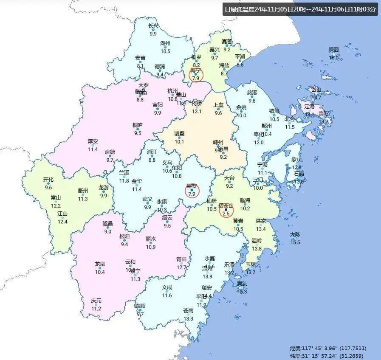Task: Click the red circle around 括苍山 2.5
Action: point(226,210)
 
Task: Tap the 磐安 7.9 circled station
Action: point(192,190)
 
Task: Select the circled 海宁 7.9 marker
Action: point(196,75)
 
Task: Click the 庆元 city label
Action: point(96,301)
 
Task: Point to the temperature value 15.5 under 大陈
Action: point(295,242)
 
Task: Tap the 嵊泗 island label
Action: point(334,50)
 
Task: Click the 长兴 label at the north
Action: point(153,26)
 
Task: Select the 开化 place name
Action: point(48,180)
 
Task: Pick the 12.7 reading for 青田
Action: point(182,267)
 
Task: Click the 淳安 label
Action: point(93,141)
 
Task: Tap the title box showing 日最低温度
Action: point(300,9)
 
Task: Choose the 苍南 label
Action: point(188,311)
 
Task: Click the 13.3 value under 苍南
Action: point(188,319)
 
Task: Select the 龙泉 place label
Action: point(100,264)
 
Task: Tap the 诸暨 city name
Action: point(179,133)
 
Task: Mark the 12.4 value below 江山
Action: point(62,222)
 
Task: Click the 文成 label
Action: point(167,287)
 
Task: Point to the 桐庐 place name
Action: point(138,125)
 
